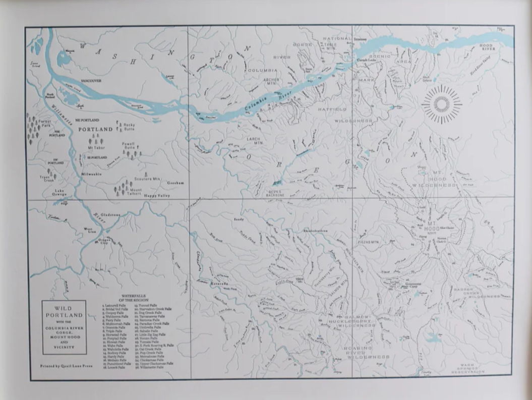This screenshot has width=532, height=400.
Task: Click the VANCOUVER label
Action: pyautogui.click(x=91, y=81)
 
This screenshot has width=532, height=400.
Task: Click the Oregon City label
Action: pyautogui.click(x=104, y=241)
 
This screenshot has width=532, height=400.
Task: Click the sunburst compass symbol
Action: pyautogui.click(x=442, y=104)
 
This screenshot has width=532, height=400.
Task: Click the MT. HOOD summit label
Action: pyautogui.click(x=434, y=225)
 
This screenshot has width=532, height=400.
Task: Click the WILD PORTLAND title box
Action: pyautogui.click(x=64, y=327)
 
